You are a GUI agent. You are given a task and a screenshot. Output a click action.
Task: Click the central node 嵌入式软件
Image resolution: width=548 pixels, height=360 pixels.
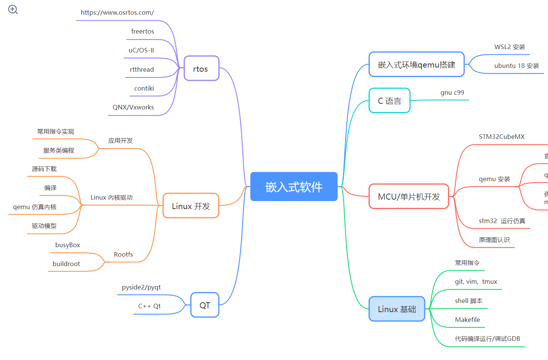tap(294, 187)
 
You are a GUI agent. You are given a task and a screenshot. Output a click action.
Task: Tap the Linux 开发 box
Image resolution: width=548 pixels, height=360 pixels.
tap(191, 206)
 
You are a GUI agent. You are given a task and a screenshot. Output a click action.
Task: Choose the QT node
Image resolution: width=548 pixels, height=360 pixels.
tap(205, 305)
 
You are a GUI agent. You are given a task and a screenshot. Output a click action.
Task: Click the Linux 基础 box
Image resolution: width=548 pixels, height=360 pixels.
tap(397, 309)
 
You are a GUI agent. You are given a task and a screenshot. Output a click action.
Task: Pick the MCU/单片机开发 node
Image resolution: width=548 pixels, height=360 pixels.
tap(409, 197)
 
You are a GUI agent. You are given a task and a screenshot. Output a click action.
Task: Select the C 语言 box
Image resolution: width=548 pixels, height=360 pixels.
tap(390, 101)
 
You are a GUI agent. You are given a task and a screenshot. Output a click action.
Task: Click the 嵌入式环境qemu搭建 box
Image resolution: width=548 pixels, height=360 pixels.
tap(416, 65)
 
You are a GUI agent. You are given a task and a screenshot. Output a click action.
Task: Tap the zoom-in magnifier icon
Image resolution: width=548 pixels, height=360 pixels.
tap(13, 9)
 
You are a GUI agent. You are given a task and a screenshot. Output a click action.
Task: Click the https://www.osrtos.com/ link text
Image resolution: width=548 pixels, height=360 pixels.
tap(117, 12)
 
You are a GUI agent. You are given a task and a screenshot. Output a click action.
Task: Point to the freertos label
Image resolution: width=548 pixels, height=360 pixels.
tap(143, 31)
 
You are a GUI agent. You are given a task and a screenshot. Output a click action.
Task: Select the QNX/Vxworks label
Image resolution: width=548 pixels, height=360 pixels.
tap(133, 107)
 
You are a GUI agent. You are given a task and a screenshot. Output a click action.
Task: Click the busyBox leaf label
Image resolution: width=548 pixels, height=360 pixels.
tap(68, 245)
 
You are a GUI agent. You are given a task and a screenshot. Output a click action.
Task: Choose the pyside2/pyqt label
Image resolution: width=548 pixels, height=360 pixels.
tap(141, 287)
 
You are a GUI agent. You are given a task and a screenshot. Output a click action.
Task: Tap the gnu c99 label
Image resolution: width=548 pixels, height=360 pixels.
tap(452, 92)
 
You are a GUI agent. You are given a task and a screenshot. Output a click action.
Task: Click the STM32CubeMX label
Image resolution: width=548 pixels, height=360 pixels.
tap(502, 137)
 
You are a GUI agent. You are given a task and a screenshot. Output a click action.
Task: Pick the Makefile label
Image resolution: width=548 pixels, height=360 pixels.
tap(468, 320)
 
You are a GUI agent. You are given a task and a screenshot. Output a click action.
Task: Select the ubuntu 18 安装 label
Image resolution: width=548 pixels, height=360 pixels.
tap(517, 66)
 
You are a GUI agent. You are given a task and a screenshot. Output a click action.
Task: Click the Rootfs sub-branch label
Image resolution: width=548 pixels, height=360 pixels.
tap(123, 254)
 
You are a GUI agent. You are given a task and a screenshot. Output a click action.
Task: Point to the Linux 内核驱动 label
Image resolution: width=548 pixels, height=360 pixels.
tap(112, 197)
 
